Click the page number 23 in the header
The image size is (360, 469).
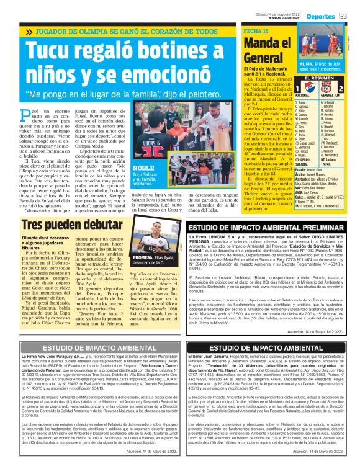click(x=352, y=15)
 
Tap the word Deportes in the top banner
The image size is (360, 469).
click(x=323, y=15)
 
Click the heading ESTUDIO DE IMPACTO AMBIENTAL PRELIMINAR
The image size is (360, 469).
click(x=266, y=228)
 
